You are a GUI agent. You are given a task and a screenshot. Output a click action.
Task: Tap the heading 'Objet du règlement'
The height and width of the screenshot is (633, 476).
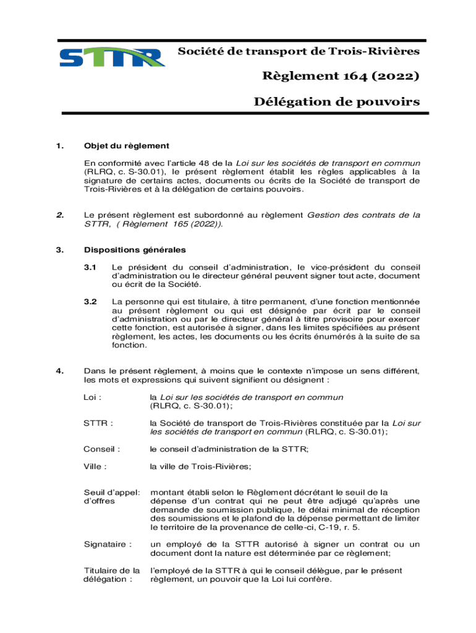pos(126,146)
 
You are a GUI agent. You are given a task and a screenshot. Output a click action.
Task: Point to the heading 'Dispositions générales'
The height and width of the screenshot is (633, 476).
pos(135,250)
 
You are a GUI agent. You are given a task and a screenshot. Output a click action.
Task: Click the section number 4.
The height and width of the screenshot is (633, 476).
pos(60,371)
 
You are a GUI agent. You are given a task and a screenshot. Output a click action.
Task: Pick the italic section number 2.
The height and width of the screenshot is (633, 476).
pos(60,215)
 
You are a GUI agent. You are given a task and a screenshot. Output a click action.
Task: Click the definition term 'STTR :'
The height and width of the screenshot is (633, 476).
pos(98,423)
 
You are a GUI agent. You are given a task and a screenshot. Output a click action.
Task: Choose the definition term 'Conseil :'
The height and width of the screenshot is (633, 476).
pos(101,449)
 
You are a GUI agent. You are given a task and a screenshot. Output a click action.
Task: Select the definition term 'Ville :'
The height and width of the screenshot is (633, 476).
pos(95,467)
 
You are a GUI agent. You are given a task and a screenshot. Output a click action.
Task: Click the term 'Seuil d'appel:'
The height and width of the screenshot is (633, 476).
pos(112,492)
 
